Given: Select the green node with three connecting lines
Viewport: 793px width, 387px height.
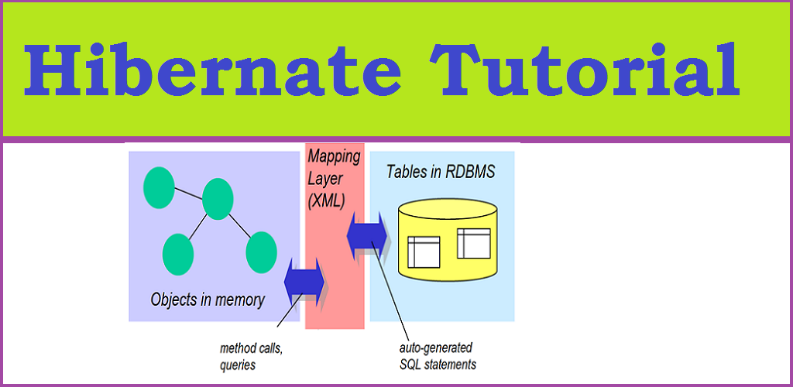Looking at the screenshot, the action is [218, 199].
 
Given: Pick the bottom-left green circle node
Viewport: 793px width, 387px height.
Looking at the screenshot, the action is [178, 254].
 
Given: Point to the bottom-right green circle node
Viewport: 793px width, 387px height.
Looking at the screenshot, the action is [261, 252].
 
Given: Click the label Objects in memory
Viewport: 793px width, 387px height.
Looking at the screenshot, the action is [208, 300].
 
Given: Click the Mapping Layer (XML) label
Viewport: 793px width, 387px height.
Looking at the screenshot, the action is [334, 179].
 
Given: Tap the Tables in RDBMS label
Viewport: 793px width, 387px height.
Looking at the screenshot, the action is [441, 173].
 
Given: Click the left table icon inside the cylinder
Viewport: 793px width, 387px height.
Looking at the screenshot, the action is [424, 252].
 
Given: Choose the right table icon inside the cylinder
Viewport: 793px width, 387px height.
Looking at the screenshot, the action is [474, 244].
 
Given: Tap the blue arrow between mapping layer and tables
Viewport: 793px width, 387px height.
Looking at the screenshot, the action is [367, 236].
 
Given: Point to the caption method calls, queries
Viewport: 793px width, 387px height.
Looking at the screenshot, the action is [251, 357].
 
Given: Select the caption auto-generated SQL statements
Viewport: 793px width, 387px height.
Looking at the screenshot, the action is [438, 356].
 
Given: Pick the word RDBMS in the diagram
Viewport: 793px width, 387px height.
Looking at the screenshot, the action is [470, 173].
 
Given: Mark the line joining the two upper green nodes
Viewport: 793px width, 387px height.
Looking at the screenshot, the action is [189, 193].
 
